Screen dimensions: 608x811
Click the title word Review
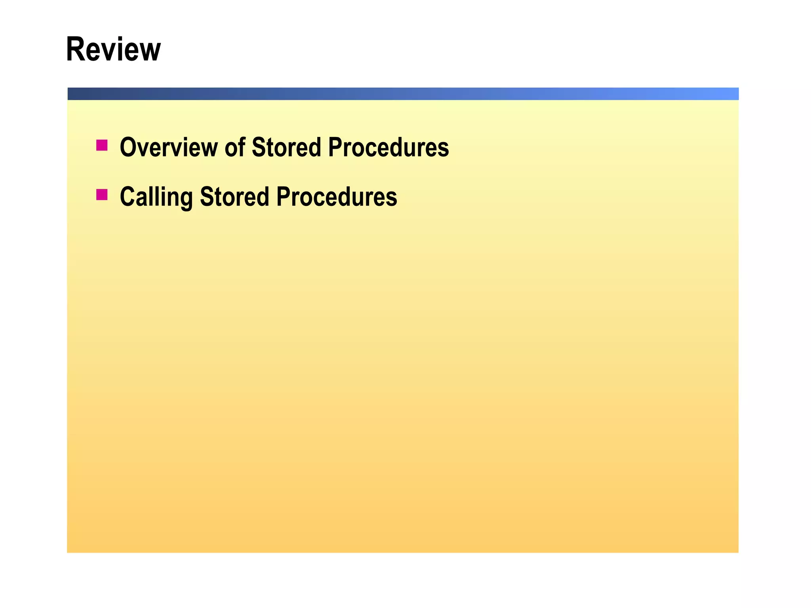[113, 49]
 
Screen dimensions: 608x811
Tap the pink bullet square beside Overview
[102, 145]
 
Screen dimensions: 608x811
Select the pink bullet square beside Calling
[102, 195]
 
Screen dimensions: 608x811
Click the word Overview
[168, 147]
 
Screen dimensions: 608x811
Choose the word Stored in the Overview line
[286, 147]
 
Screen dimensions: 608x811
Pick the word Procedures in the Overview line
[388, 147]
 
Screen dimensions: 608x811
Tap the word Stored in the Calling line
[234, 197]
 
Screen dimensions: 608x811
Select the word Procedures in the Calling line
[337, 197]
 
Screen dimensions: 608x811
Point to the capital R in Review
[75, 49]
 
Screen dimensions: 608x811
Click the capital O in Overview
[128, 147]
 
